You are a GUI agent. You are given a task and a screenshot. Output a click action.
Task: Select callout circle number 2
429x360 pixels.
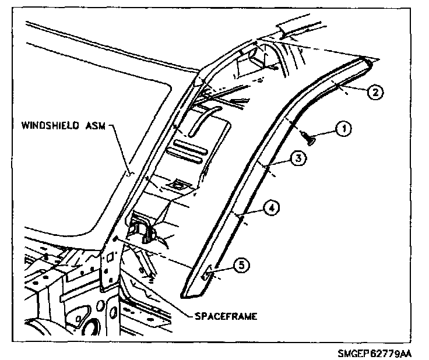coord(376,91)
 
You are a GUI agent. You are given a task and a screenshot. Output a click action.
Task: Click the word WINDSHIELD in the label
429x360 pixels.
coord(51,125)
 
